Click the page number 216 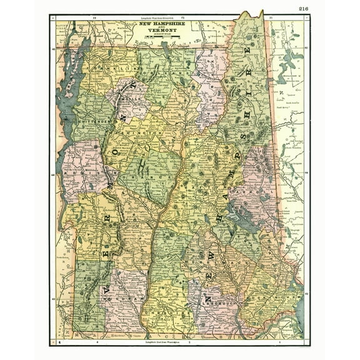tap(304, 8)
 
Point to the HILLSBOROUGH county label tap(219, 300)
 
